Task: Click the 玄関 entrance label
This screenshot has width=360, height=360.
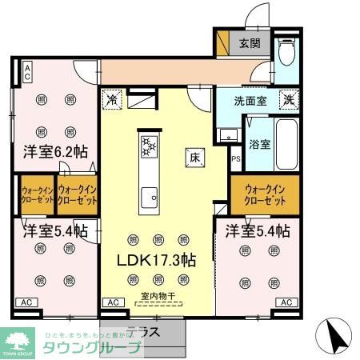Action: click(x=249, y=44)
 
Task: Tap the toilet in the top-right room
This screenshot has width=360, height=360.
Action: click(x=287, y=52)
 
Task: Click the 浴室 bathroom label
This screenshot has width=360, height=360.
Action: click(x=258, y=145)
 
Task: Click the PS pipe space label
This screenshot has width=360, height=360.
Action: click(x=235, y=158)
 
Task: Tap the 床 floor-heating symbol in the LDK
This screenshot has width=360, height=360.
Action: click(x=194, y=157)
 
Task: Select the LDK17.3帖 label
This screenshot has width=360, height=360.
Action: click(x=157, y=260)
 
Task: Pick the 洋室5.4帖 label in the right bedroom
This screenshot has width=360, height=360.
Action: click(x=257, y=232)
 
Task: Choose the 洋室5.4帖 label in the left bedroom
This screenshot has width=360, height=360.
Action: click(x=54, y=232)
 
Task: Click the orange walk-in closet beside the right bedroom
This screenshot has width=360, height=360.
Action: click(x=265, y=194)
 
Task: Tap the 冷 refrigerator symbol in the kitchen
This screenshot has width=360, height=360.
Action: click(x=112, y=101)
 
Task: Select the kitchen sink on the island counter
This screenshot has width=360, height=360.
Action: click(x=150, y=196)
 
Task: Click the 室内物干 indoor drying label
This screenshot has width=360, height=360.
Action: click(x=158, y=296)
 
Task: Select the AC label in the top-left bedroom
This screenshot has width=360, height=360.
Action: click(x=26, y=74)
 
